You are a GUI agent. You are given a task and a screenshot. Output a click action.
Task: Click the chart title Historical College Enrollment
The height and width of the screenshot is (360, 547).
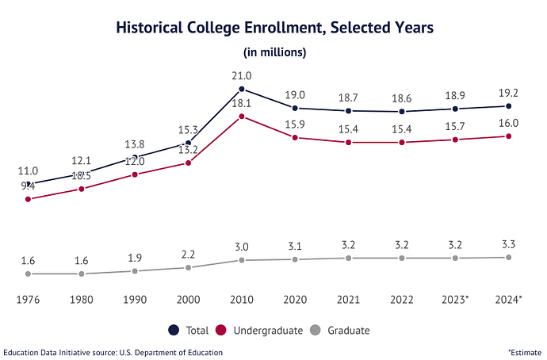pyautogui.click(x=274, y=28)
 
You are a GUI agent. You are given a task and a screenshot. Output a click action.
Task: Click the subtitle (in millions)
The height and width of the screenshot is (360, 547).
pyautogui.click(x=274, y=52)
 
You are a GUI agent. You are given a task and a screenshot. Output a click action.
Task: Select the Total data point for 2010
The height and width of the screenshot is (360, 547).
pyautogui.click(x=242, y=90)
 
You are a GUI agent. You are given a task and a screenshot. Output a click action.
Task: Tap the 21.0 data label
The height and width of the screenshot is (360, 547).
pyautogui.click(x=242, y=75)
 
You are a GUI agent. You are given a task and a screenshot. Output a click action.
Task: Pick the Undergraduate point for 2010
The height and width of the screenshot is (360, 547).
pyautogui.click(x=242, y=117)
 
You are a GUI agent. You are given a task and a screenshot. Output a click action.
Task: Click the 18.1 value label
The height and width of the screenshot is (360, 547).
pyautogui.click(x=242, y=103)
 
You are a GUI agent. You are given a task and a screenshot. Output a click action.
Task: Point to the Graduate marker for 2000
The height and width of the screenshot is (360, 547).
pyautogui.click(x=188, y=268)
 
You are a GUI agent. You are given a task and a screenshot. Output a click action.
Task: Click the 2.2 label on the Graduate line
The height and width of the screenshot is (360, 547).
pyautogui.click(x=188, y=254)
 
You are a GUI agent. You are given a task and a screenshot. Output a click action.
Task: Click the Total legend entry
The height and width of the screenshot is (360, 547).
pyautogui.click(x=189, y=330)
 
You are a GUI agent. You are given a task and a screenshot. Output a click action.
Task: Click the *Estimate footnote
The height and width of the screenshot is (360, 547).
pyautogui.click(x=524, y=351)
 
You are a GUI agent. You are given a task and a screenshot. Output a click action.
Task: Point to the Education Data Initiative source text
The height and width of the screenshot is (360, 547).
pyautogui.click(x=113, y=351)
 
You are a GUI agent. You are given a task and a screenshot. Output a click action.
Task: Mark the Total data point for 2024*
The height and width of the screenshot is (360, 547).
pyautogui.click(x=508, y=105)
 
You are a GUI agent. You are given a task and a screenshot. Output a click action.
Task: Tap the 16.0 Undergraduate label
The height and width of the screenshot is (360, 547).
pyautogui.click(x=508, y=123)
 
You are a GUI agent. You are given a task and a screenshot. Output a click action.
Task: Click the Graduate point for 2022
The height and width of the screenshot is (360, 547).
pyautogui.click(x=402, y=258)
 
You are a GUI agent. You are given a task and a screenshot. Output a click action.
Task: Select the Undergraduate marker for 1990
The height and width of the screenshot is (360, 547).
pyautogui.click(x=135, y=174)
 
